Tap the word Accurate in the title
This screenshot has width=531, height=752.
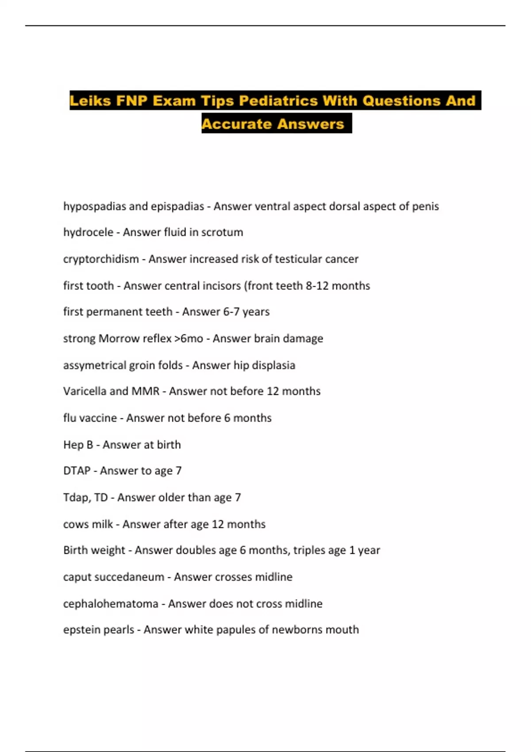coord(237,124)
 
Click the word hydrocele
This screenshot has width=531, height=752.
coord(88,232)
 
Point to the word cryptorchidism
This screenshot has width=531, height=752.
coord(101,259)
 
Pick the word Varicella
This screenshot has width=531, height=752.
coord(85,391)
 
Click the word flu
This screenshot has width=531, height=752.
coord(69,418)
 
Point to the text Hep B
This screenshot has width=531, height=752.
coord(78,445)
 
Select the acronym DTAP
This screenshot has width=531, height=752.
coord(77,471)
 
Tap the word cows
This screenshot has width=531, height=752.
coord(76,524)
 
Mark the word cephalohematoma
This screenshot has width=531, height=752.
coord(111,604)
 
